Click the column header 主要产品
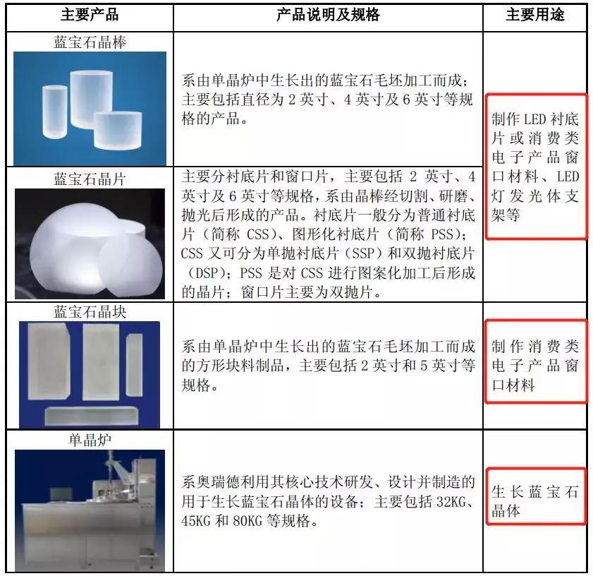click(89, 14)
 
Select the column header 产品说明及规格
click(328, 14)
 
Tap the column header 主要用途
click(535, 14)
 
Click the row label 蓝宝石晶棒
click(90, 42)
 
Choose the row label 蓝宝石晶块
click(90, 311)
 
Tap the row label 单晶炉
click(90, 440)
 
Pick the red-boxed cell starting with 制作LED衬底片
click(535, 167)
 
